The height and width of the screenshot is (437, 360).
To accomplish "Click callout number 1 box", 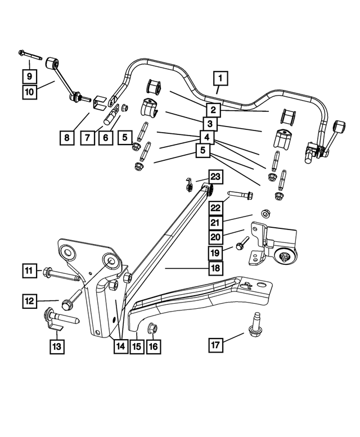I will [x=221, y=78].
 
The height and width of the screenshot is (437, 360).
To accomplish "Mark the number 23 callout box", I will [x=216, y=177].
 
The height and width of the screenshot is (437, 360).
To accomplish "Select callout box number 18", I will [x=216, y=269].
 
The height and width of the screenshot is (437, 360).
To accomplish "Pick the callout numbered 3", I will [x=209, y=123].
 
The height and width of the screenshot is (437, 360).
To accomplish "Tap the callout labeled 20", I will [x=216, y=238].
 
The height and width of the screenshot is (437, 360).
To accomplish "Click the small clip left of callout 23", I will [x=190, y=183].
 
